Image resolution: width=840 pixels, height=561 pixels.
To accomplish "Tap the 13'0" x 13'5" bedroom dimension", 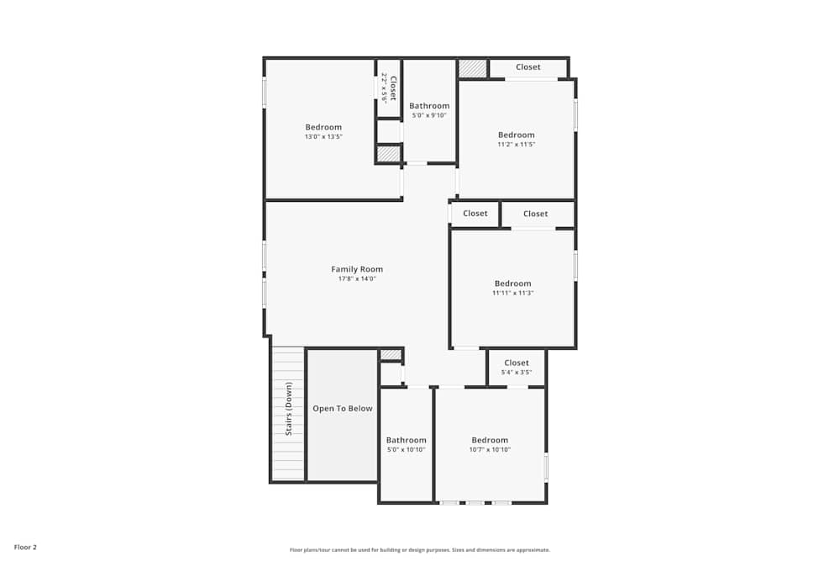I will point(323,136).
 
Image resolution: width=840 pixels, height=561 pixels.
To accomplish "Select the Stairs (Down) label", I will point(289,409).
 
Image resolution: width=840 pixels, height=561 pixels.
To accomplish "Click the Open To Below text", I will point(343,409).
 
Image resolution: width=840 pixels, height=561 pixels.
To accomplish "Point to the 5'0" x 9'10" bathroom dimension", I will point(429,115).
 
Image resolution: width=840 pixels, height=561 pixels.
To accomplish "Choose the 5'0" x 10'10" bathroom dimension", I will point(406,449).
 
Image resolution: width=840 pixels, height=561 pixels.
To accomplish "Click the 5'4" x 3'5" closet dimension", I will point(517,372).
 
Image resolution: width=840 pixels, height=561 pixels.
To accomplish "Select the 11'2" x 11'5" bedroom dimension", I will point(516,145).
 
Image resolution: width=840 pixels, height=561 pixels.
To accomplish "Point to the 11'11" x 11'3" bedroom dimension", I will point(513,293).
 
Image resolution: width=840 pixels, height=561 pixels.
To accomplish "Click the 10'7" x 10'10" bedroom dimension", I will point(490,449).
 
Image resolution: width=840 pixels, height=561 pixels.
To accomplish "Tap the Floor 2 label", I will point(25,547).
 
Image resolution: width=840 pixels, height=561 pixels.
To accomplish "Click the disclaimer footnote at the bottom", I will point(420,550).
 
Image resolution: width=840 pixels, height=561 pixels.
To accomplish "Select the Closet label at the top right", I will point(528,67).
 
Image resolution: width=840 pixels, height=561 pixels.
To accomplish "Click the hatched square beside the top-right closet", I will point(473,68).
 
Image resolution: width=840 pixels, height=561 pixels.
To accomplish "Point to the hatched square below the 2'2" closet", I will point(388,154).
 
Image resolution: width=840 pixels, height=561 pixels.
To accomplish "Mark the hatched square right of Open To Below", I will point(391,354).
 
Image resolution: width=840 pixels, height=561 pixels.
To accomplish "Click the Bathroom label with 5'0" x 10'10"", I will point(406,440).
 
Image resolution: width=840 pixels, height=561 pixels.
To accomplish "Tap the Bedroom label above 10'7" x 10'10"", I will point(490,440).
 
